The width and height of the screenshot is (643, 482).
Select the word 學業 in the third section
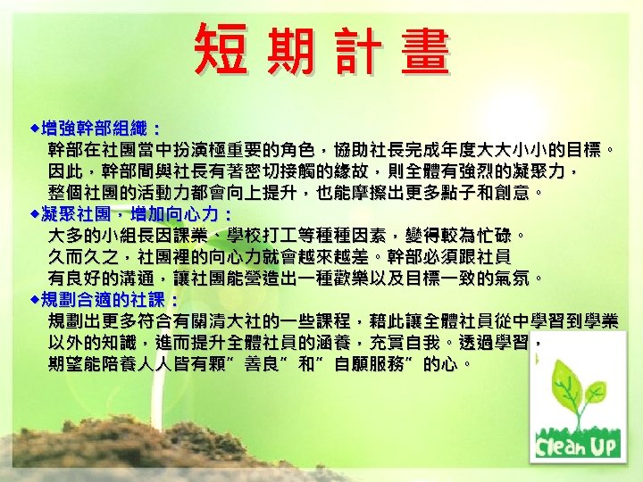click(599, 320)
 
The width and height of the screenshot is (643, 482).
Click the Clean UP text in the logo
click(577, 444)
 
